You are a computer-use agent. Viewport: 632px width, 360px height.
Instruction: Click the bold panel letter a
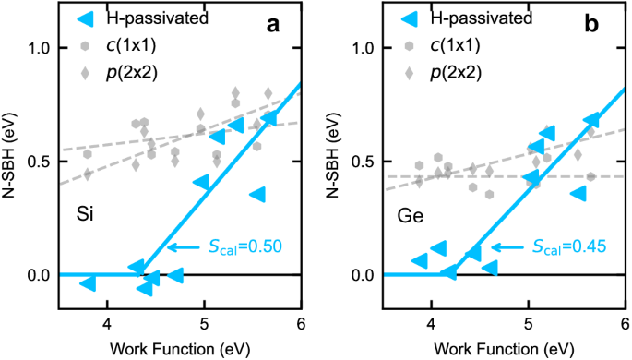pyautogui.click(x=273, y=25)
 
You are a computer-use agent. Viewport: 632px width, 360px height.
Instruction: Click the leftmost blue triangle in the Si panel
pyautogui.click(x=89, y=282)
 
